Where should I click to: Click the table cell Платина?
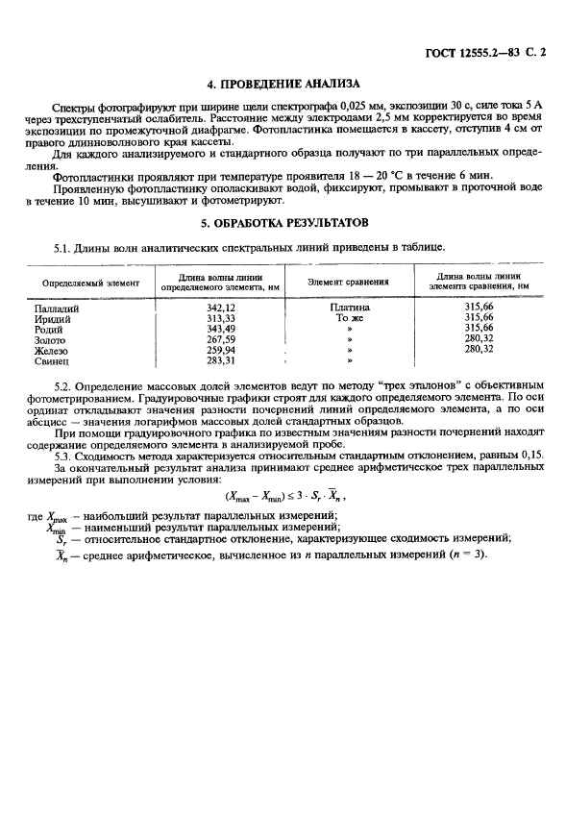349,307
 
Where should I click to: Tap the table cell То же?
349,317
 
